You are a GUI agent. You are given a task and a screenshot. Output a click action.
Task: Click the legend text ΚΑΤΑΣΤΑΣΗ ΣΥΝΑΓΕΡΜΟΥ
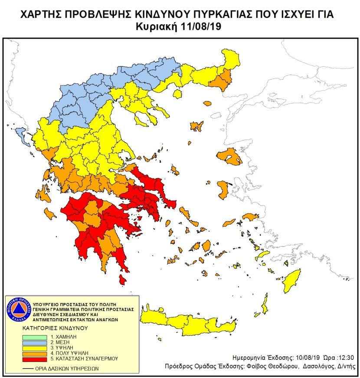(85, 359)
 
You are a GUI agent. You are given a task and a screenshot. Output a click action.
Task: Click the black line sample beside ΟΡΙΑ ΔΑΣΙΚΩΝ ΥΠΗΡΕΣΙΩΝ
(29, 368)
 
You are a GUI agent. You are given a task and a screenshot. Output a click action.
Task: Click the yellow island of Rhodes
(292, 281)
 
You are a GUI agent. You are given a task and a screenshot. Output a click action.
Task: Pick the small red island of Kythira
(123, 281)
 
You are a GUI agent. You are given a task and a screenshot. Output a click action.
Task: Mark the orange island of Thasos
(207, 103)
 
